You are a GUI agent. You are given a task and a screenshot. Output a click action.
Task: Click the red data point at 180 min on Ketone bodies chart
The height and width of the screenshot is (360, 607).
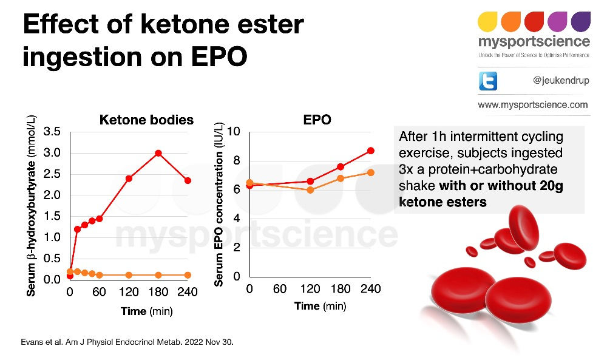[158, 153]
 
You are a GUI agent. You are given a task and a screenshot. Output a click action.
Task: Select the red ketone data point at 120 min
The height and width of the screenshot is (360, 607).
[129, 178]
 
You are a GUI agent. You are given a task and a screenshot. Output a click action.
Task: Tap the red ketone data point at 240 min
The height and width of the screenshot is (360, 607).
[188, 181]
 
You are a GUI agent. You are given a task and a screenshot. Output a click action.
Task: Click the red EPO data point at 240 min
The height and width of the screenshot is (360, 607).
[371, 151]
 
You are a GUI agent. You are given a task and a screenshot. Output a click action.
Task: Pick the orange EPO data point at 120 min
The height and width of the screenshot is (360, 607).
[310, 190]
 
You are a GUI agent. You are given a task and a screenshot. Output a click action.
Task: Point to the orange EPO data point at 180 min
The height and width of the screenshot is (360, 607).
[341, 178]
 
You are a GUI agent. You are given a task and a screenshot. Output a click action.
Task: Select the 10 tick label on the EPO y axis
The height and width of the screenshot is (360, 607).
[234, 132]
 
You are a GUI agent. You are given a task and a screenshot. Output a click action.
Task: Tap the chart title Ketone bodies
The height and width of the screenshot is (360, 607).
[146, 120]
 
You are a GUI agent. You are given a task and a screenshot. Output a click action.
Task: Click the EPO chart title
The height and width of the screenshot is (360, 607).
[317, 120]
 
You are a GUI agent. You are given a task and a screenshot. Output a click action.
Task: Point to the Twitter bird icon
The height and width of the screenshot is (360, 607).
[488, 81]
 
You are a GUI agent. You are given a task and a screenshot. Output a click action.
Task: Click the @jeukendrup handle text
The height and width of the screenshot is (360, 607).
[561, 81]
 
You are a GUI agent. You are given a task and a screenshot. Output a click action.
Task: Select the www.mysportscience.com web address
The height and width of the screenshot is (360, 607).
[533, 105]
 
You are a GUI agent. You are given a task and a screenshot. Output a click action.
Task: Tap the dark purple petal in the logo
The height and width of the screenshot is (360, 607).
[580, 22]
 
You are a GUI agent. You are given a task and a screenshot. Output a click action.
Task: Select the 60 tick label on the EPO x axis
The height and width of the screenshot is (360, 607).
[280, 289]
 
